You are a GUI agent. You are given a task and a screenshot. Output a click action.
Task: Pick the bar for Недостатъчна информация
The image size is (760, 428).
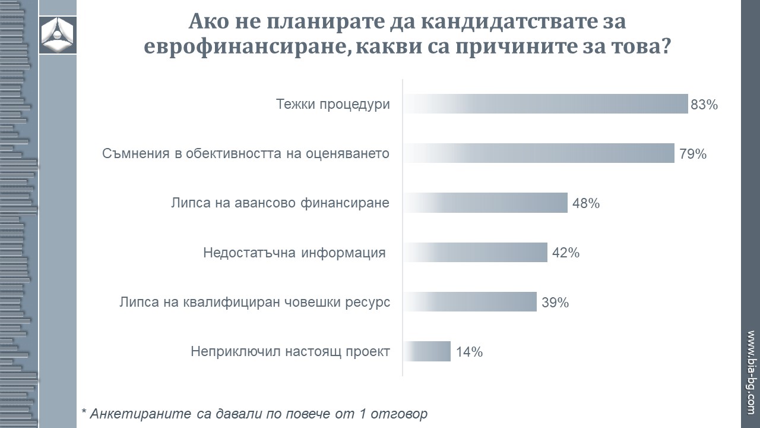[475, 252]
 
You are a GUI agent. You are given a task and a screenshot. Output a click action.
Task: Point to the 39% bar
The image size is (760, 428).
[470, 301]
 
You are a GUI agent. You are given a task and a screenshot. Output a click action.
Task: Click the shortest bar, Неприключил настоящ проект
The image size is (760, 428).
[427, 351]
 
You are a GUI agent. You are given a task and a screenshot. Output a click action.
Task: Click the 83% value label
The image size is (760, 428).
[705, 105]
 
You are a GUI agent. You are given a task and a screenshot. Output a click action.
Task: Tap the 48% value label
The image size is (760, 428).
[586, 204]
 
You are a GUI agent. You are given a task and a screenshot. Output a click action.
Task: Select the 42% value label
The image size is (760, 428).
[566, 253]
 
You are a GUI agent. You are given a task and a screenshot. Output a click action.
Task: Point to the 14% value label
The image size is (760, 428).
[469, 352]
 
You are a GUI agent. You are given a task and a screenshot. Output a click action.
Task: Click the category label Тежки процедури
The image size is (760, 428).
[333, 105]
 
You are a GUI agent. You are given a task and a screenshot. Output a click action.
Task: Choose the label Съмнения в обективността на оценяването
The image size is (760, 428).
[246, 154]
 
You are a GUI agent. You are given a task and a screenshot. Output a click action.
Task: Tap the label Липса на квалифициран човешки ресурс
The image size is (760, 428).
[255, 302]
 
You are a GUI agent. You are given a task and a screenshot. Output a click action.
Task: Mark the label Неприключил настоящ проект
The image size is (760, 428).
[290, 351]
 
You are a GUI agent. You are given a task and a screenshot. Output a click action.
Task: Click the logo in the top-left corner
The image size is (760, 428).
[58, 35]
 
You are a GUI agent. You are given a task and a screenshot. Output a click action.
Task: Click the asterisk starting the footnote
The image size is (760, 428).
[84, 412]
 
